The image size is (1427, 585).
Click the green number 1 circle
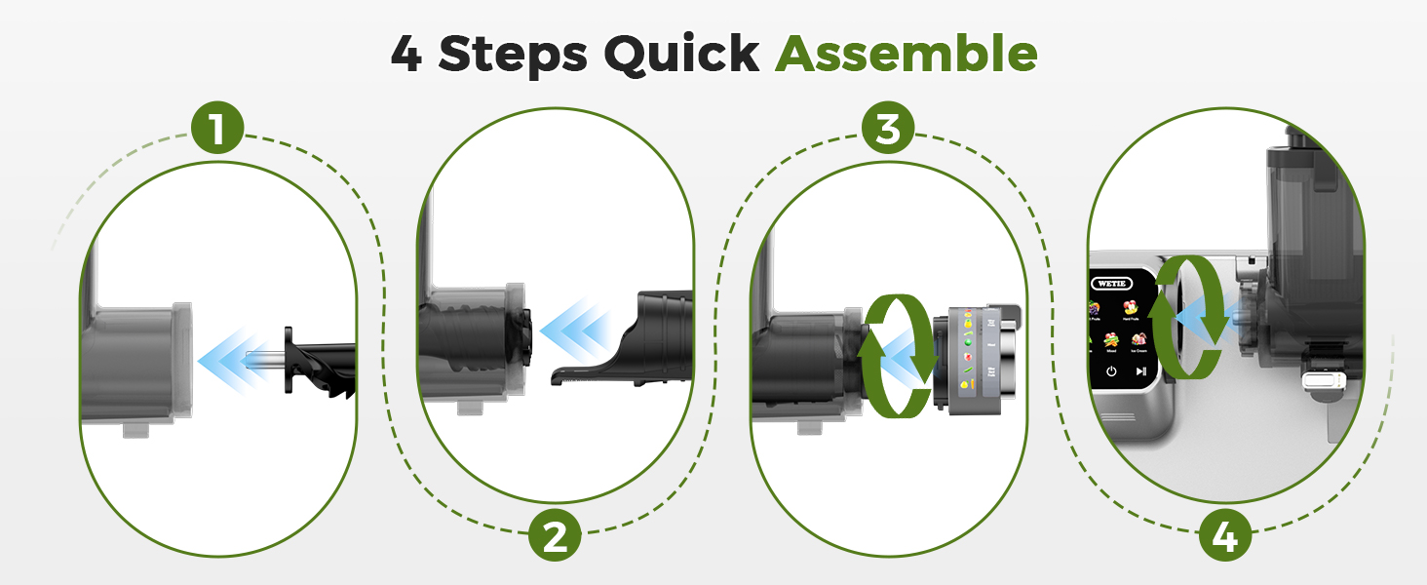point(217,129)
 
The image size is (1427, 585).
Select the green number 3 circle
point(887,129)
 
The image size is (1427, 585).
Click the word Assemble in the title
point(906,54)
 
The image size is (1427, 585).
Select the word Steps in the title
point(512,54)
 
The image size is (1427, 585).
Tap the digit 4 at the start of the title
point(407,54)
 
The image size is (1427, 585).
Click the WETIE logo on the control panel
point(1113,286)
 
